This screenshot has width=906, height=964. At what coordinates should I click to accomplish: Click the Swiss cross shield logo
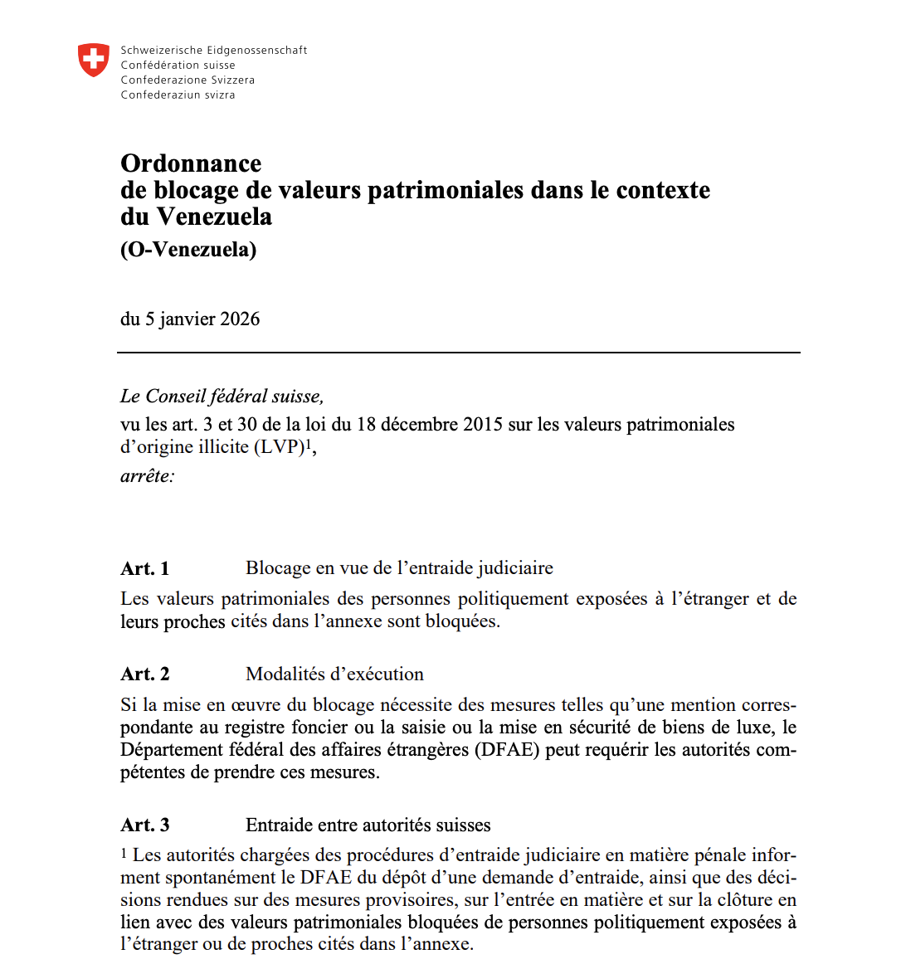point(93,61)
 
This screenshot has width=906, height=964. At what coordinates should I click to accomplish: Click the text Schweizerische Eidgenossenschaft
point(213,51)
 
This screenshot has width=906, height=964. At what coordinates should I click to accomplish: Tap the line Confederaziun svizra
point(178,95)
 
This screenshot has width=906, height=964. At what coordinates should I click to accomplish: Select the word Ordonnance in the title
point(191,163)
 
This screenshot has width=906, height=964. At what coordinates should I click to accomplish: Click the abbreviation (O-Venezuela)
point(188,250)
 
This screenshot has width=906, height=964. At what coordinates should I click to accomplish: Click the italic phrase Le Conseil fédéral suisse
point(222,397)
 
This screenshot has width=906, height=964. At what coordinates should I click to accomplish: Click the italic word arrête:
point(148,476)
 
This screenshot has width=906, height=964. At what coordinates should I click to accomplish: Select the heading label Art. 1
point(145,569)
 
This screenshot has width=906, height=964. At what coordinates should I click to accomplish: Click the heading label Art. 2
point(145,674)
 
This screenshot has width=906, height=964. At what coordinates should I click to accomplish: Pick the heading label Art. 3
point(145,825)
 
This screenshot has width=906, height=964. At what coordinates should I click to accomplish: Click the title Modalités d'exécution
point(334,674)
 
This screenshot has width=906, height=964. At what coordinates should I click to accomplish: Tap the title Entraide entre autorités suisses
point(368,825)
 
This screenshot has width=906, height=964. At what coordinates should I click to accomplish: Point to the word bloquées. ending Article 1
point(462,621)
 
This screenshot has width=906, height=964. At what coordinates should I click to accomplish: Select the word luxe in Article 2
point(753,728)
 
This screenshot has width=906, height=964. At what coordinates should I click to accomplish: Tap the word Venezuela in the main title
point(214,217)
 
